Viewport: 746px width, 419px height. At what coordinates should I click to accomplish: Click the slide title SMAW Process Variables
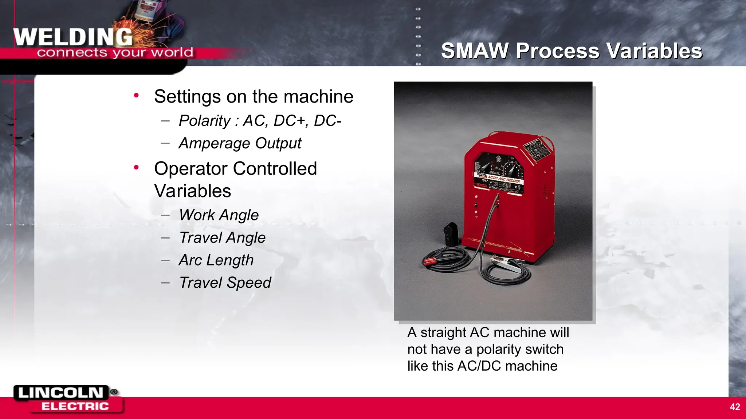(572, 51)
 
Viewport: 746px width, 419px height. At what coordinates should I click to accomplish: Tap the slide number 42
(735, 407)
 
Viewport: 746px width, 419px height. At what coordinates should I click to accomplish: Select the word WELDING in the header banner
(73, 37)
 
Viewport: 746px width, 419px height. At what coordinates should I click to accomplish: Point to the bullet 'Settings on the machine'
(254, 97)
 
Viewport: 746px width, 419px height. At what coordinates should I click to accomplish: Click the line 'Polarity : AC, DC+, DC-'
(260, 121)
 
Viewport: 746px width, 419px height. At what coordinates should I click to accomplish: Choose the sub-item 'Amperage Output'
(240, 143)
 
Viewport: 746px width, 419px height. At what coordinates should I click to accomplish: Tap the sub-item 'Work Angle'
(219, 215)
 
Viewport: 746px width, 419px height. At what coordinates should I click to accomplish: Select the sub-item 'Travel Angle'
(222, 238)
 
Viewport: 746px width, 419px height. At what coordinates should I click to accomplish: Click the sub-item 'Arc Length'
(216, 260)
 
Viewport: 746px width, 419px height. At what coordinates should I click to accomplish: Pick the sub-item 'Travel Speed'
(225, 283)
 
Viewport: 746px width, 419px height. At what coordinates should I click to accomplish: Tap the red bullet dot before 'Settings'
(136, 96)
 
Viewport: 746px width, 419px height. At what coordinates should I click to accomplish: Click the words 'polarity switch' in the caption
(520, 350)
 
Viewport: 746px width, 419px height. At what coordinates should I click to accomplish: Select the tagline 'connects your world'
(115, 53)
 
